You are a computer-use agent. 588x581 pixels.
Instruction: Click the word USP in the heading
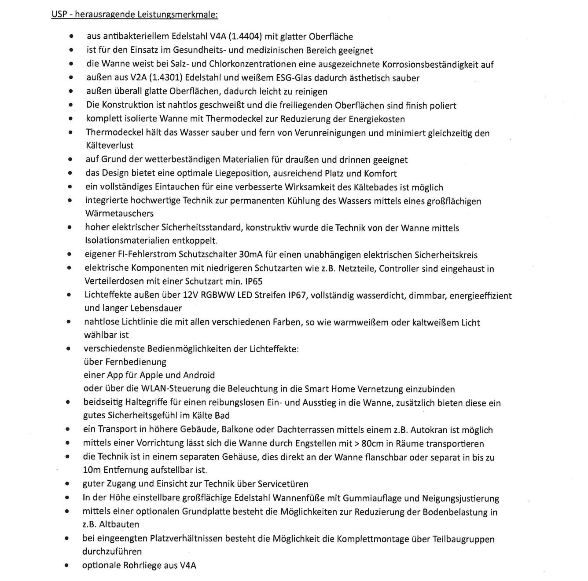[59, 15]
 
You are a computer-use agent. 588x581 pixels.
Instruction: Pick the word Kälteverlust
[110, 145]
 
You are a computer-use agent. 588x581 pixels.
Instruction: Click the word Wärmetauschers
[119, 213]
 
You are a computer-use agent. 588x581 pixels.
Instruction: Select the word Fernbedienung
[136, 362]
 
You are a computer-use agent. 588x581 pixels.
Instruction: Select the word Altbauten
[119, 524]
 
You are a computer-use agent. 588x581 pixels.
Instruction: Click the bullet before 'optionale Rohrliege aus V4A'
[66, 566]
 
